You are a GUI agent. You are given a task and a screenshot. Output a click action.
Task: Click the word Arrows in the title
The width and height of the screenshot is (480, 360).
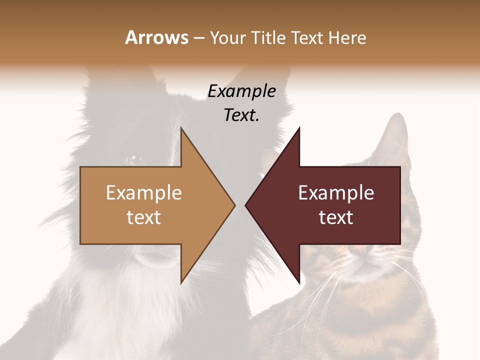(156, 38)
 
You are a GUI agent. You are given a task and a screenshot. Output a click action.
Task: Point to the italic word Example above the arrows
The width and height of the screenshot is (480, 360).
(242, 91)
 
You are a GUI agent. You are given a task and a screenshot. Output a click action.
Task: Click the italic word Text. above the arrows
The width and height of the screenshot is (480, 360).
(242, 115)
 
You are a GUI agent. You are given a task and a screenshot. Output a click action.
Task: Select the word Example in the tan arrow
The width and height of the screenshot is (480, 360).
(144, 193)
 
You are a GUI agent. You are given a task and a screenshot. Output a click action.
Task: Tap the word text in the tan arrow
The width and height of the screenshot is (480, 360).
(144, 217)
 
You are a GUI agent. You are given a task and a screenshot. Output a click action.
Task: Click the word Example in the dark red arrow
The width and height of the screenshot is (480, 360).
(336, 193)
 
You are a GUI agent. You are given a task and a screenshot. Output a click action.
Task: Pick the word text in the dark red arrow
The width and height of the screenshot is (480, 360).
(336, 217)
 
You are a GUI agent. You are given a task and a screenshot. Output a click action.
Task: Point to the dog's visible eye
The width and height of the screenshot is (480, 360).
(133, 160)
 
